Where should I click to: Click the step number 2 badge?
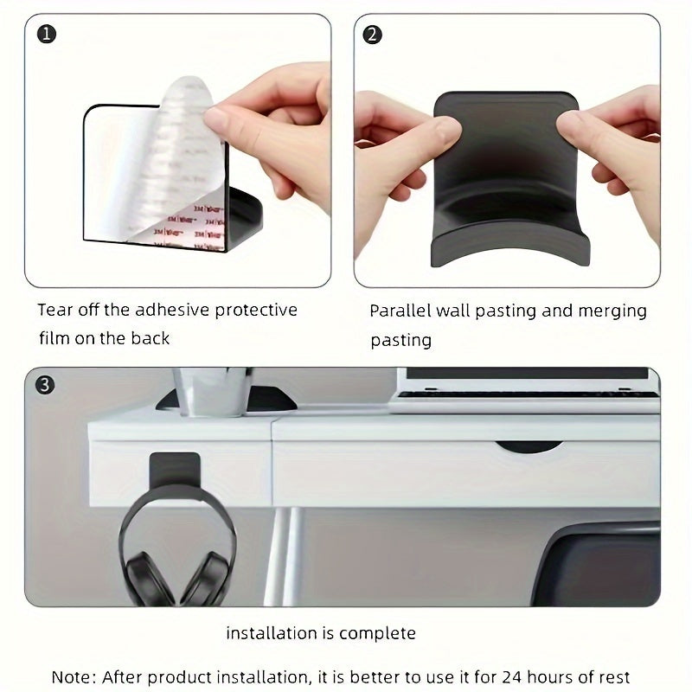[x=373, y=35]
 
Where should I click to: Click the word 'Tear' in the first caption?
[x=55, y=310]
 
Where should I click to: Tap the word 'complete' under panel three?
[x=377, y=633]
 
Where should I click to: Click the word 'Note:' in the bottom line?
[x=73, y=676]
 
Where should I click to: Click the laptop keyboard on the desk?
[x=523, y=396]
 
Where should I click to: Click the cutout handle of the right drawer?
[x=529, y=447]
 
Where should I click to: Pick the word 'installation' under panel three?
[x=270, y=633]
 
